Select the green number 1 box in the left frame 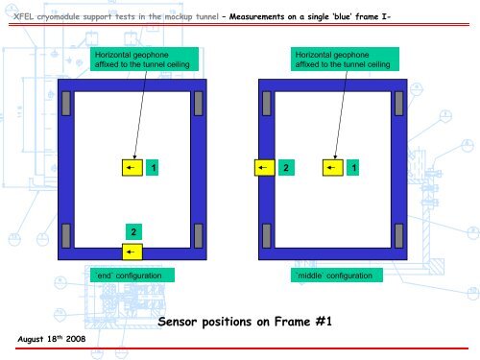pyautogui.click(x=154, y=168)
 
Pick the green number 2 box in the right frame pyautogui.click(x=286, y=168)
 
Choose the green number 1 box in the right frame pyautogui.click(x=355, y=168)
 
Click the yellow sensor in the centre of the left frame pyautogui.click(x=131, y=168)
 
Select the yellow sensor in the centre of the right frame pyautogui.click(x=332, y=168)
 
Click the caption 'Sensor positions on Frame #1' pyautogui.click(x=244, y=322)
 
